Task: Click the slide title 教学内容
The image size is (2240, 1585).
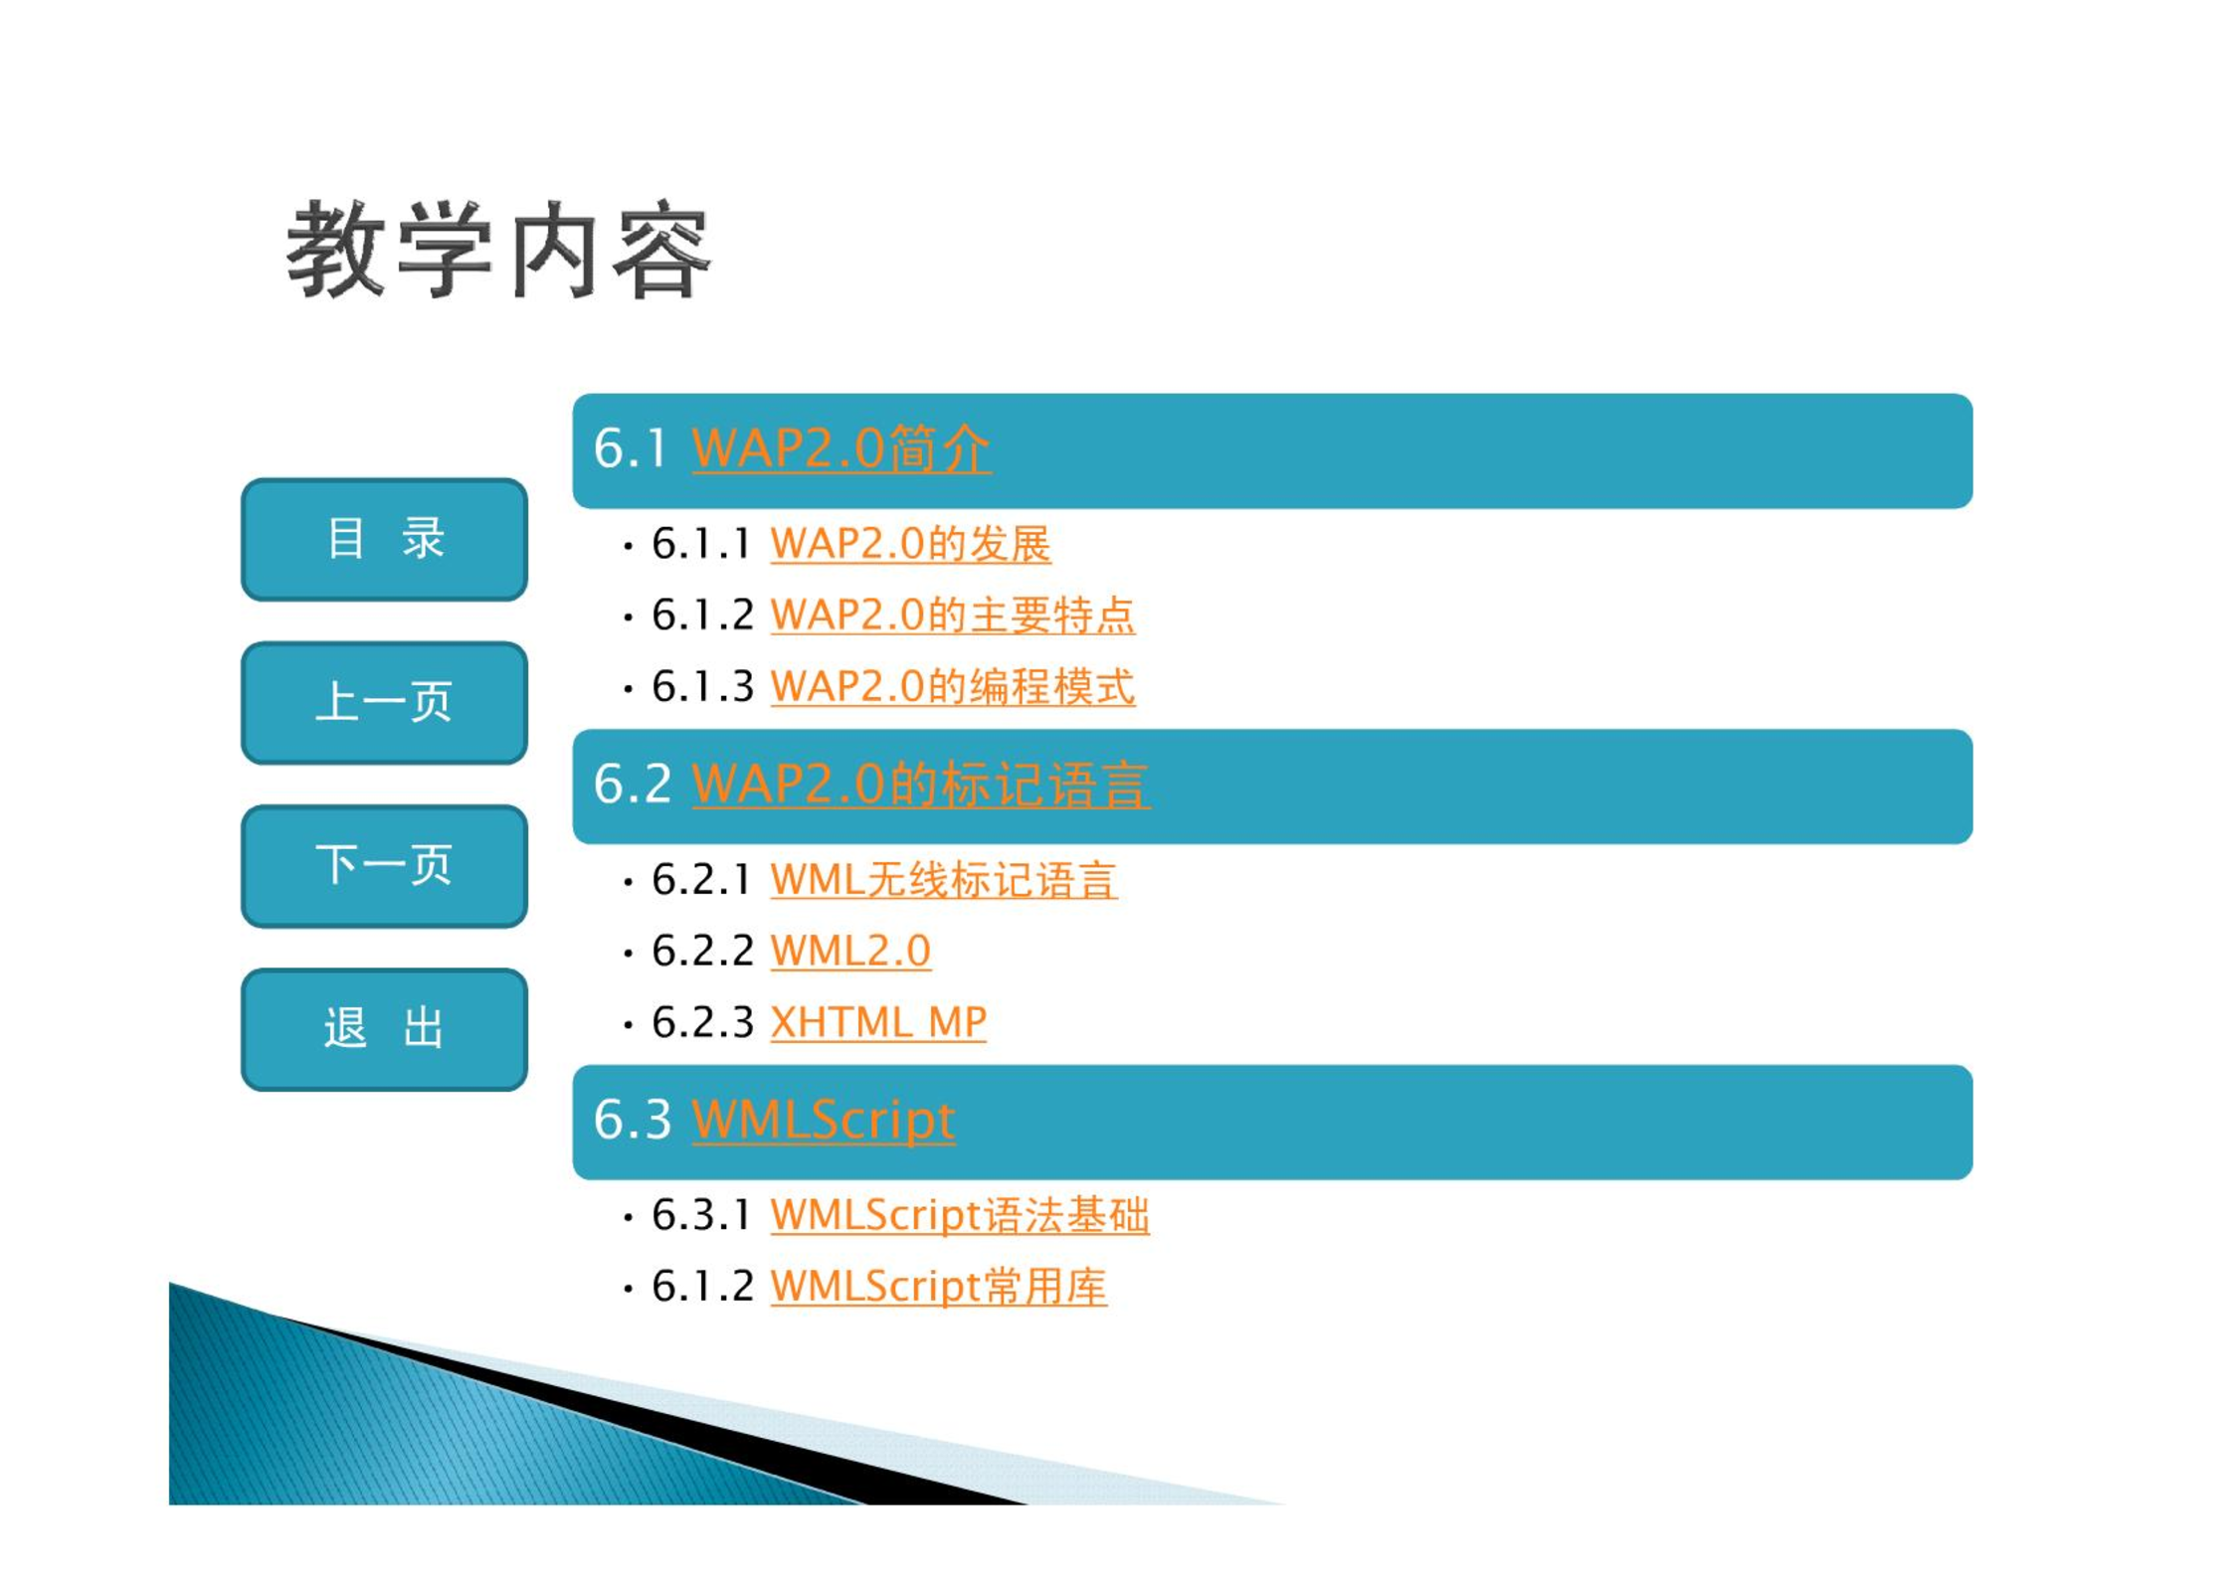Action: click(498, 249)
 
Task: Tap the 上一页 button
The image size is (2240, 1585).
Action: click(384, 702)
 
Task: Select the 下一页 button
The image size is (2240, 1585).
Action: click(384, 865)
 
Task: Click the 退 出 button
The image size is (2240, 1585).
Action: click(384, 1028)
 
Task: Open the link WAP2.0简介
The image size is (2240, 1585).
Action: click(841, 448)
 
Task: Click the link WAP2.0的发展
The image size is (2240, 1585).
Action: click(910, 544)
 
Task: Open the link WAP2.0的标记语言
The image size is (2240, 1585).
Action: click(921, 785)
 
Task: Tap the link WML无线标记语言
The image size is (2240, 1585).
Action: click(943, 880)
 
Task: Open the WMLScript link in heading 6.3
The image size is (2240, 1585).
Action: click(824, 1121)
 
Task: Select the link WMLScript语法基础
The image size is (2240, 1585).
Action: click(960, 1215)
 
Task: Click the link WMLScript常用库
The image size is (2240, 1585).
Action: click(938, 1287)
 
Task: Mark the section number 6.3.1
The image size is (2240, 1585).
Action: click(702, 1215)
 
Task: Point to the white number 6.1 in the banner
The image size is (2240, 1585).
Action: click(630, 448)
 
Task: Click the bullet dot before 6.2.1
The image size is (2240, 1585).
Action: click(628, 882)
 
